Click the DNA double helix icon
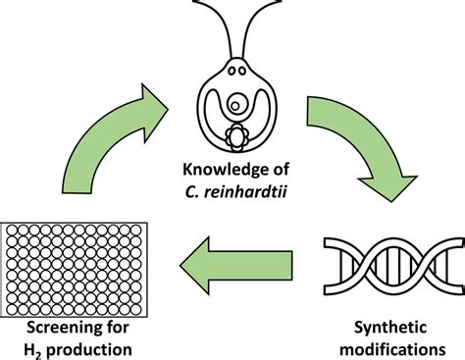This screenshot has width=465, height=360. click(390, 263)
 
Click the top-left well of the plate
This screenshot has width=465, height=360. click(16, 231)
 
